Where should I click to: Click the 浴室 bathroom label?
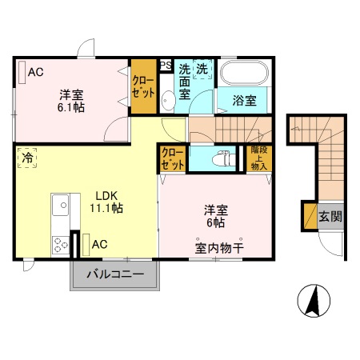click(x=245, y=101)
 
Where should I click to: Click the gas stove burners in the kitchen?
click(x=61, y=242)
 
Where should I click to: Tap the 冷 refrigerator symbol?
click(x=26, y=158)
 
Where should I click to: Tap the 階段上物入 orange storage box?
click(x=258, y=158)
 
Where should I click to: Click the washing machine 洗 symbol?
click(x=203, y=70)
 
